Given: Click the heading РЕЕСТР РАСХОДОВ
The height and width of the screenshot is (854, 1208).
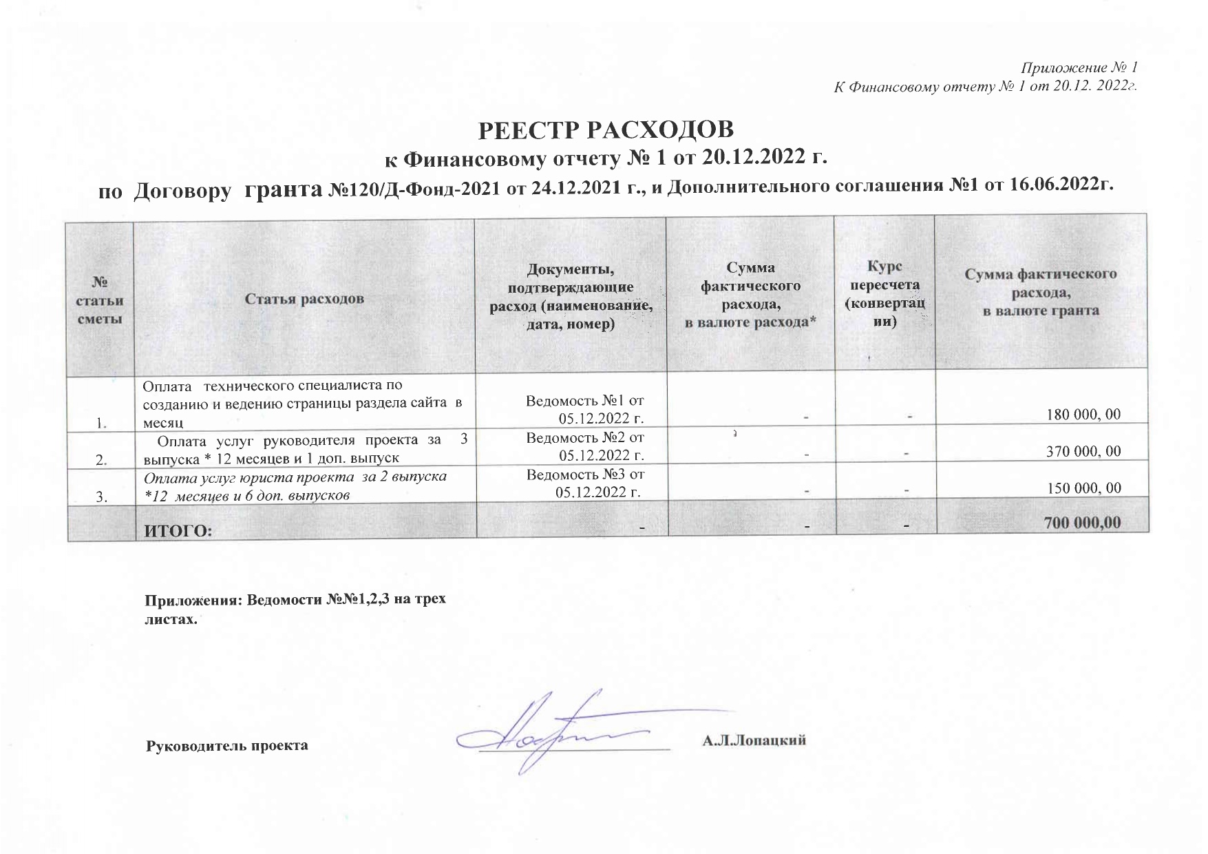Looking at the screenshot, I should (x=606, y=130).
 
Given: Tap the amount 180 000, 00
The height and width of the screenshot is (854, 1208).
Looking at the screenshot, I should (x=1083, y=415).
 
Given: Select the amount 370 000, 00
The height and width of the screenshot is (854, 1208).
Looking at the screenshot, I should (x=1083, y=452).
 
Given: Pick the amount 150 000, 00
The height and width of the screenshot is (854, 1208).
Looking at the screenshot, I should (x=1083, y=488).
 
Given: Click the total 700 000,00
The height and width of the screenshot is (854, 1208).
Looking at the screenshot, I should (x=1082, y=523).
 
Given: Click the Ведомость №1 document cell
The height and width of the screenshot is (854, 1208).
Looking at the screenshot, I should (x=585, y=408).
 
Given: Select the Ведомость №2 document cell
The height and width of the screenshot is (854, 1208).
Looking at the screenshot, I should (x=585, y=446).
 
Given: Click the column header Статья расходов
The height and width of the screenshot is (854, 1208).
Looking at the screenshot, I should (x=304, y=299).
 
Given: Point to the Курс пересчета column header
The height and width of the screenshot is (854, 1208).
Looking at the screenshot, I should (x=884, y=294).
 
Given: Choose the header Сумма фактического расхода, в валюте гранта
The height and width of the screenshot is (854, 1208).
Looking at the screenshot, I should (x=1040, y=292).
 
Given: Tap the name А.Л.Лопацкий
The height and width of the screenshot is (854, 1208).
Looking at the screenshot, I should (x=754, y=741).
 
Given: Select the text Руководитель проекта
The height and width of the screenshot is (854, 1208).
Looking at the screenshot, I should (x=227, y=746).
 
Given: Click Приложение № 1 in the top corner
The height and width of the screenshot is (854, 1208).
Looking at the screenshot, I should (x=1079, y=67).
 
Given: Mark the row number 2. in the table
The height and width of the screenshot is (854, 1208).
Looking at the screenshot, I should (x=101, y=461).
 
